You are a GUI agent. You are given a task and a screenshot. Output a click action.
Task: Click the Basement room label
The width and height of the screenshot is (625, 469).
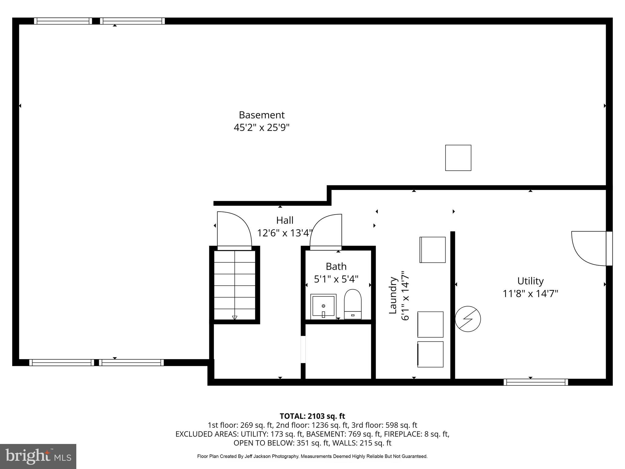click(262, 115)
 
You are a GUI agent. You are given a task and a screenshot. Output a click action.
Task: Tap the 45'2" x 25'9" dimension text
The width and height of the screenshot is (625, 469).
click(262, 127)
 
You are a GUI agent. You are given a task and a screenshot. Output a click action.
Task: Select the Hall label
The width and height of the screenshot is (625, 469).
click(285, 220)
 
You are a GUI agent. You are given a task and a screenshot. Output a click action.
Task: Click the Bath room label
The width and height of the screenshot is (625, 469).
click(336, 267)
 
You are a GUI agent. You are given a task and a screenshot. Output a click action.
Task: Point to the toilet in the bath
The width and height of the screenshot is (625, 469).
click(352, 304)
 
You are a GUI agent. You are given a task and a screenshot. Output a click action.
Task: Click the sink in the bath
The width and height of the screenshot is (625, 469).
click(323, 306)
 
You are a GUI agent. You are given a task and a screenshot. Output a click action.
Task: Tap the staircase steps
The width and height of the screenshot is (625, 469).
click(234, 285)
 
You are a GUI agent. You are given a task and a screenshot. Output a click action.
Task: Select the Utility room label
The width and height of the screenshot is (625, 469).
click(530, 281)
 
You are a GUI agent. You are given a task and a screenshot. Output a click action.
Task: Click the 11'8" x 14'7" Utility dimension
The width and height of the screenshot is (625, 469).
click(530, 294)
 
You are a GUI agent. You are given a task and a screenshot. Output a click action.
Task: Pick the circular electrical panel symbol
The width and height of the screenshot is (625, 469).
click(468, 319)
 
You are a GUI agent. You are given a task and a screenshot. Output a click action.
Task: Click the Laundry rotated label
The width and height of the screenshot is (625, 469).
click(393, 295)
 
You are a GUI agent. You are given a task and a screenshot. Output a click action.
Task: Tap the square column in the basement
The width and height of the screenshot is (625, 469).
click(458, 158)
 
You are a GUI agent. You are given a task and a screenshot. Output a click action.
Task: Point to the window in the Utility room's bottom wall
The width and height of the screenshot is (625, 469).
click(536, 382)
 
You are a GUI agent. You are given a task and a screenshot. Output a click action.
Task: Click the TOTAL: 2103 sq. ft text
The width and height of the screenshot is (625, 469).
click(312, 416)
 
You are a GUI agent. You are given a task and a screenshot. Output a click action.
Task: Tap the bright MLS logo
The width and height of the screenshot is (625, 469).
click(38, 456)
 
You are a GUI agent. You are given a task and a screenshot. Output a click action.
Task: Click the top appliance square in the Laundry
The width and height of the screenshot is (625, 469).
click(432, 250)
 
